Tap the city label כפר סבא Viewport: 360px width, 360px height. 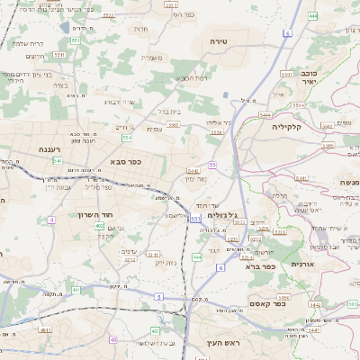[126, 161]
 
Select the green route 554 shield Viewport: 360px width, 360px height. [127, 138]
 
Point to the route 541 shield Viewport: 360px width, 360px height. [57, 160]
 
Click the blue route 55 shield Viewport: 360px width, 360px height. [212, 165]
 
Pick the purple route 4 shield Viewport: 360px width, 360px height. [52, 219]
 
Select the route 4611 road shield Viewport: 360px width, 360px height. [43, 330]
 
